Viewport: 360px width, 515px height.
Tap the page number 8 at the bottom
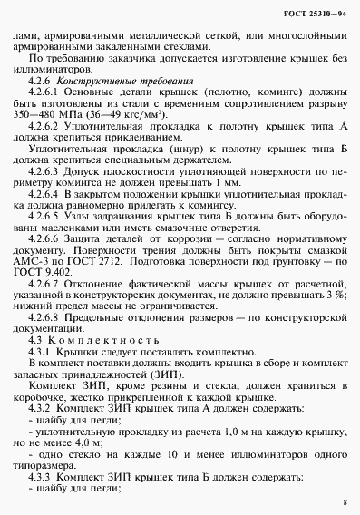[x=345, y=501]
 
